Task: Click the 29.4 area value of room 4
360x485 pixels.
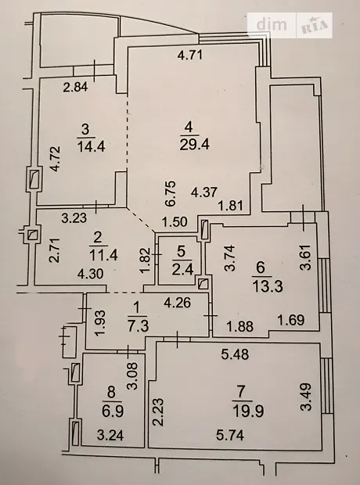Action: pos(194,144)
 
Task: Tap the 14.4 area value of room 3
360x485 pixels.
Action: pos(91,145)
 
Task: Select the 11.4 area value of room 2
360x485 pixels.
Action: pos(103,256)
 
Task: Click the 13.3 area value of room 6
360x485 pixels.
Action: pos(268,286)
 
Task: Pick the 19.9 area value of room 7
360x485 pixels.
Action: pos(249,411)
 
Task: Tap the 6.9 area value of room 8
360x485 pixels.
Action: pos(113,411)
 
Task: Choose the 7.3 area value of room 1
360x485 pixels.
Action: pos(138,325)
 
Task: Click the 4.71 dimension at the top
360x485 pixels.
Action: pos(190,55)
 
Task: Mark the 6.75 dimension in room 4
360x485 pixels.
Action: pos(171,194)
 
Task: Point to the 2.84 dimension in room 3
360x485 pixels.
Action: pos(76,87)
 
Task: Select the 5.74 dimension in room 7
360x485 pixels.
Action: pos(230,436)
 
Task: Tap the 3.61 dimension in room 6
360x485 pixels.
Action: pos(306,257)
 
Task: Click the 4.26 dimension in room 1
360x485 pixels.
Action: pos(178,303)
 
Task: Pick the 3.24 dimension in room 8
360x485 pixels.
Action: pos(110,436)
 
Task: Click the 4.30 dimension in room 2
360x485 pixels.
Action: pos(90,274)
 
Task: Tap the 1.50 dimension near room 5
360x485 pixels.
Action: pos(175,222)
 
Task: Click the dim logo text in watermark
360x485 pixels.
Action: pos(272,24)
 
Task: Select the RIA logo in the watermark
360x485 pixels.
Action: pos(315,26)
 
